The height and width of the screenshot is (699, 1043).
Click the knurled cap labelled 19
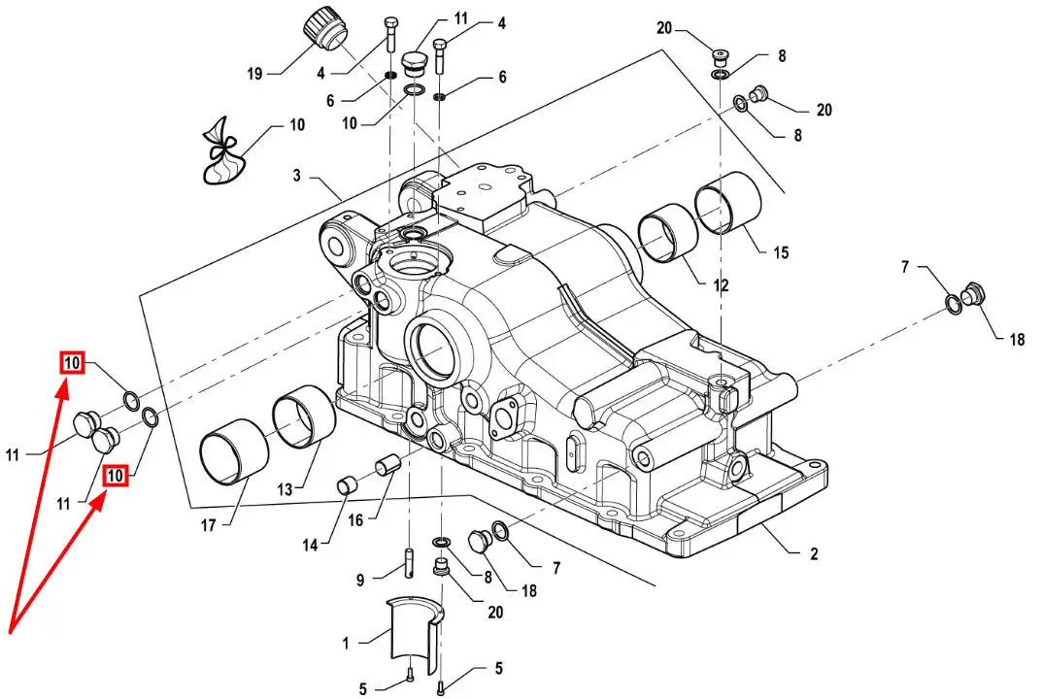[x=323, y=31]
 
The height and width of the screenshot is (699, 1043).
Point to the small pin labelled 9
[x=409, y=562]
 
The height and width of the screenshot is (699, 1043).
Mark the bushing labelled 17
[x=234, y=449]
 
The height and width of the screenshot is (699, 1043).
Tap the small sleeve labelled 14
[x=348, y=485]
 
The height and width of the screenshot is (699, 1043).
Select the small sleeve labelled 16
[x=387, y=464]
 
